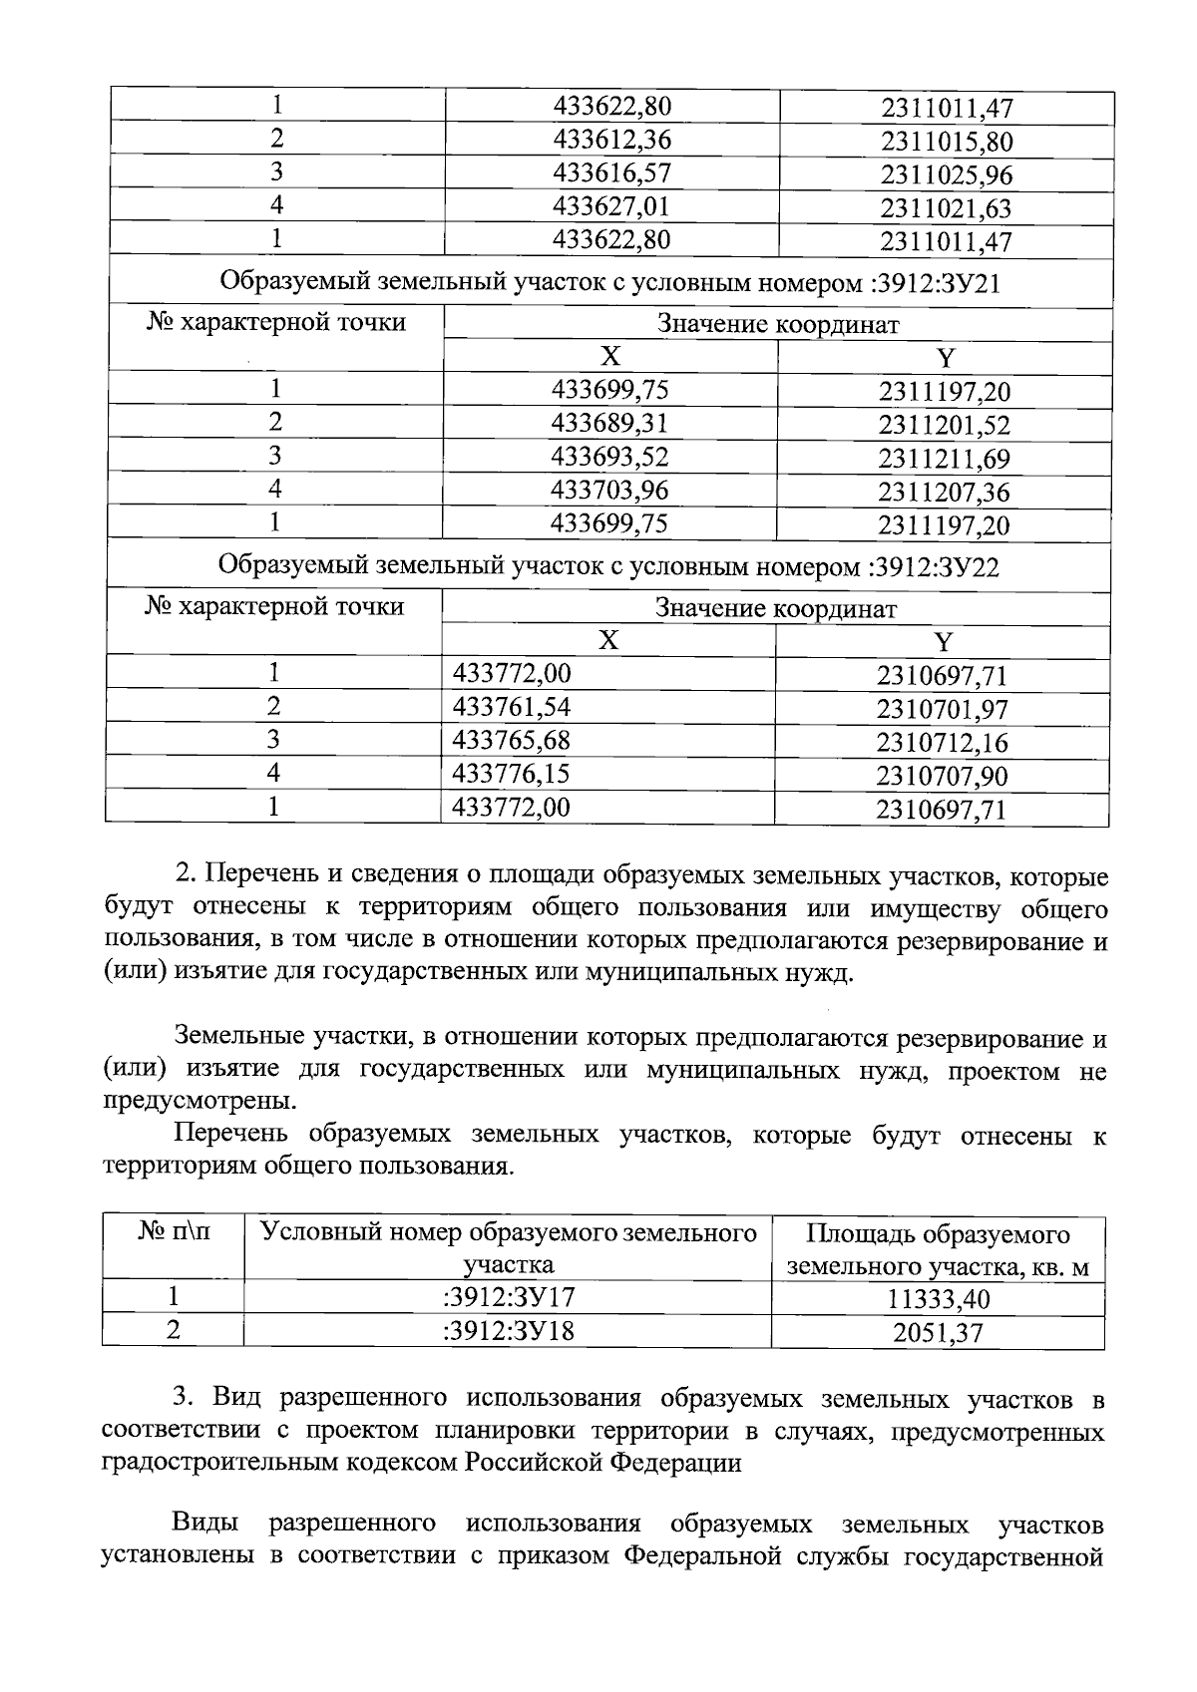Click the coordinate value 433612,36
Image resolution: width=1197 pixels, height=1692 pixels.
[611, 140]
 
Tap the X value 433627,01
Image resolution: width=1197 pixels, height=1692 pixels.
[611, 206]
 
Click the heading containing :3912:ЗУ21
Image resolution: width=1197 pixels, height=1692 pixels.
[608, 284]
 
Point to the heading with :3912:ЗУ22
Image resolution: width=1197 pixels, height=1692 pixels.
[608, 567]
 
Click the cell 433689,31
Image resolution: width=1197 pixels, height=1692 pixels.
[610, 424]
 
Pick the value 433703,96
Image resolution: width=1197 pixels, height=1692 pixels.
[610, 491]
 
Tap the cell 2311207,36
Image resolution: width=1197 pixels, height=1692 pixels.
[944, 493]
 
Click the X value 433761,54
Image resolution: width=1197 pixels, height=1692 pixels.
[512, 708]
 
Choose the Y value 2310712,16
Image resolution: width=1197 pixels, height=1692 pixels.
[942, 743]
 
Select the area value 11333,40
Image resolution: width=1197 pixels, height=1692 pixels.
[938, 1299]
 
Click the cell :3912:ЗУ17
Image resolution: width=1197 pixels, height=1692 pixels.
[509, 1297]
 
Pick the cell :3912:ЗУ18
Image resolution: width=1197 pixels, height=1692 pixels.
[509, 1331]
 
